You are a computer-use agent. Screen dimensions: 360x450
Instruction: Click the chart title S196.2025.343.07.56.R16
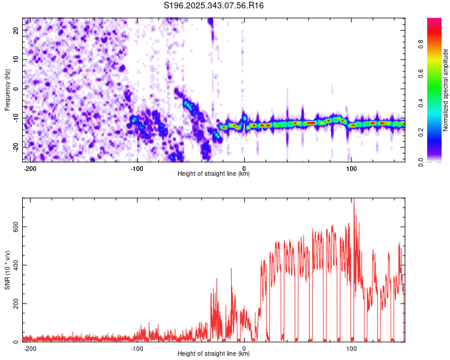click(214, 5)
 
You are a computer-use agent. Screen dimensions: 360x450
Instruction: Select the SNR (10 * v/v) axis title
click(7, 269)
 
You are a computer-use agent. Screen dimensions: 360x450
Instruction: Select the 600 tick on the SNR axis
click(14, 227)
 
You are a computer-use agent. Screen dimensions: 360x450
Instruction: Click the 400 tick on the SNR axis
click(14, 265)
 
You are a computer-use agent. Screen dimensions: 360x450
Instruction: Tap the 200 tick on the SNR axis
click(14, 304)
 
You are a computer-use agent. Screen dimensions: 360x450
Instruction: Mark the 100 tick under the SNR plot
click(352, 347)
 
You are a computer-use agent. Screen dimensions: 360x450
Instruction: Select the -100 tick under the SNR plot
click(137, 347)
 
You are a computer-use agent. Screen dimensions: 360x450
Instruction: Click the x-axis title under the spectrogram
click(214, 174)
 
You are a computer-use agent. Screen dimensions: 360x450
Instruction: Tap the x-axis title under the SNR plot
click(214, 354)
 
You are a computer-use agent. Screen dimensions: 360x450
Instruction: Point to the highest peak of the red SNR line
click(353, 200)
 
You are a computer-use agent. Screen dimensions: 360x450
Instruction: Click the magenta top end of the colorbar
click(434, 20)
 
